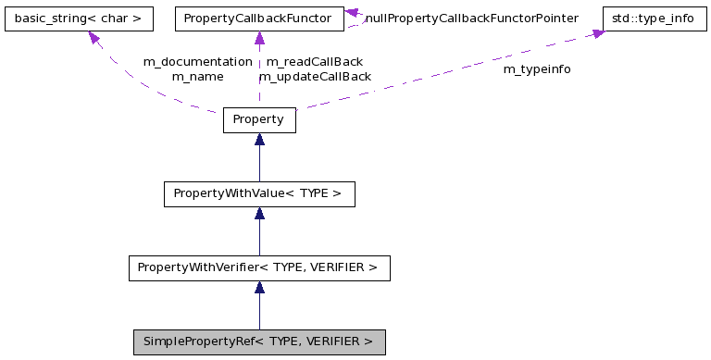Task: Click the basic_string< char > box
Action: coord(77,18)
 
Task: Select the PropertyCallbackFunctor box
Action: coord(259,18)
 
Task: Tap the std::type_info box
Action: coord(652,18)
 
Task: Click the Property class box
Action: coord(259,120)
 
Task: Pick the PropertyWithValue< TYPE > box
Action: coord(259,194)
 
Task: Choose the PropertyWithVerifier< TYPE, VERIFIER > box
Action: coord(259,268)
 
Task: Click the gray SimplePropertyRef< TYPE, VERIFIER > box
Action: coord(259,342)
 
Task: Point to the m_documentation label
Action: coord(197,61)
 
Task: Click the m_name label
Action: coord(197,77)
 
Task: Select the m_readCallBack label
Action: coord(314,61)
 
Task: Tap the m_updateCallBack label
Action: coord(315,77)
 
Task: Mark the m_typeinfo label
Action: coord(537,69)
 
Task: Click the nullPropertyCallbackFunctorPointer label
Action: coord(472,19)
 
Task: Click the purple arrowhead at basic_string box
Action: coord(94,37)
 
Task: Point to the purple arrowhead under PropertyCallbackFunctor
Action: coord(259,39)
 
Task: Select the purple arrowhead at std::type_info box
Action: coord(598,33)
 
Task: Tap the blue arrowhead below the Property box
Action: coord(259,140)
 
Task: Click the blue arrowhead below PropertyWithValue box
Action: coord(259,214)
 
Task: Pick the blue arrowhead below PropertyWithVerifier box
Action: coord(259,288)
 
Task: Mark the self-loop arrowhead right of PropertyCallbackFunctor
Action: coord(353,14)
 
